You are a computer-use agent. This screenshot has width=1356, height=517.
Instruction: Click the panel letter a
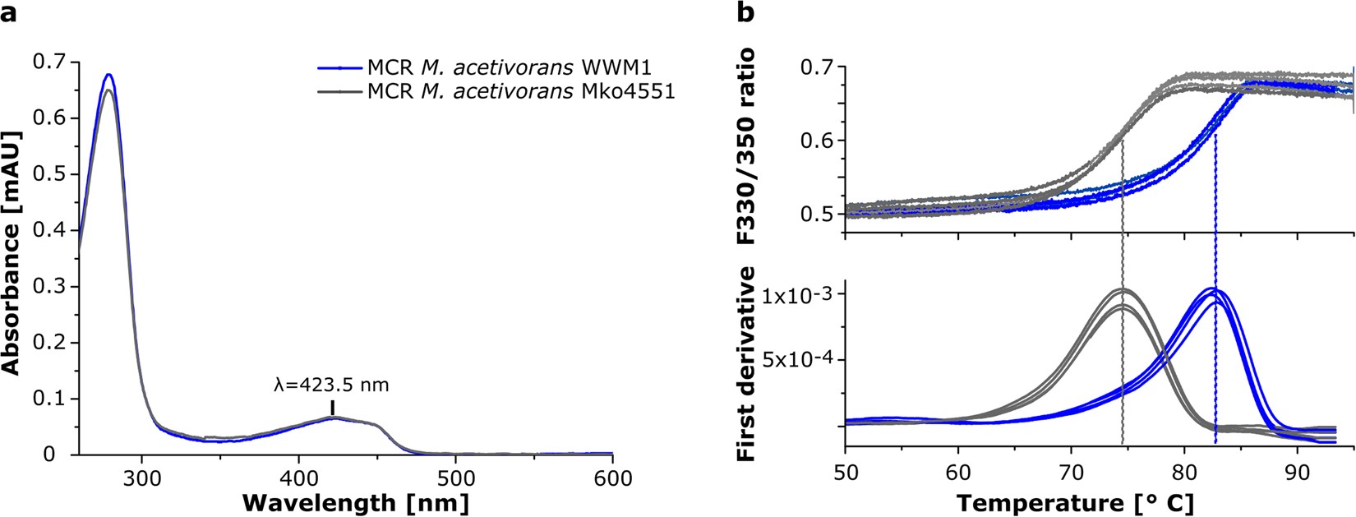[9, 14]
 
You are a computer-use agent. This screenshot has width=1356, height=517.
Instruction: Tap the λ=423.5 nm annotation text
[331, 384]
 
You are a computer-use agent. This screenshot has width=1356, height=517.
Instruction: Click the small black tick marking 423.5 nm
[332, 408]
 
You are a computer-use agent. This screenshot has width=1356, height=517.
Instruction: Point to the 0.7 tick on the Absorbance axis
[55, 62]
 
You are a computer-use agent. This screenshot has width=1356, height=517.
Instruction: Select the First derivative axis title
[748, 362]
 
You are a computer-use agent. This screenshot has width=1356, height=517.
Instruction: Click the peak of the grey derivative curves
[1123, 290]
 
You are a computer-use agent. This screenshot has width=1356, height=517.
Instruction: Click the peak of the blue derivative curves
[1215, 289]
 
